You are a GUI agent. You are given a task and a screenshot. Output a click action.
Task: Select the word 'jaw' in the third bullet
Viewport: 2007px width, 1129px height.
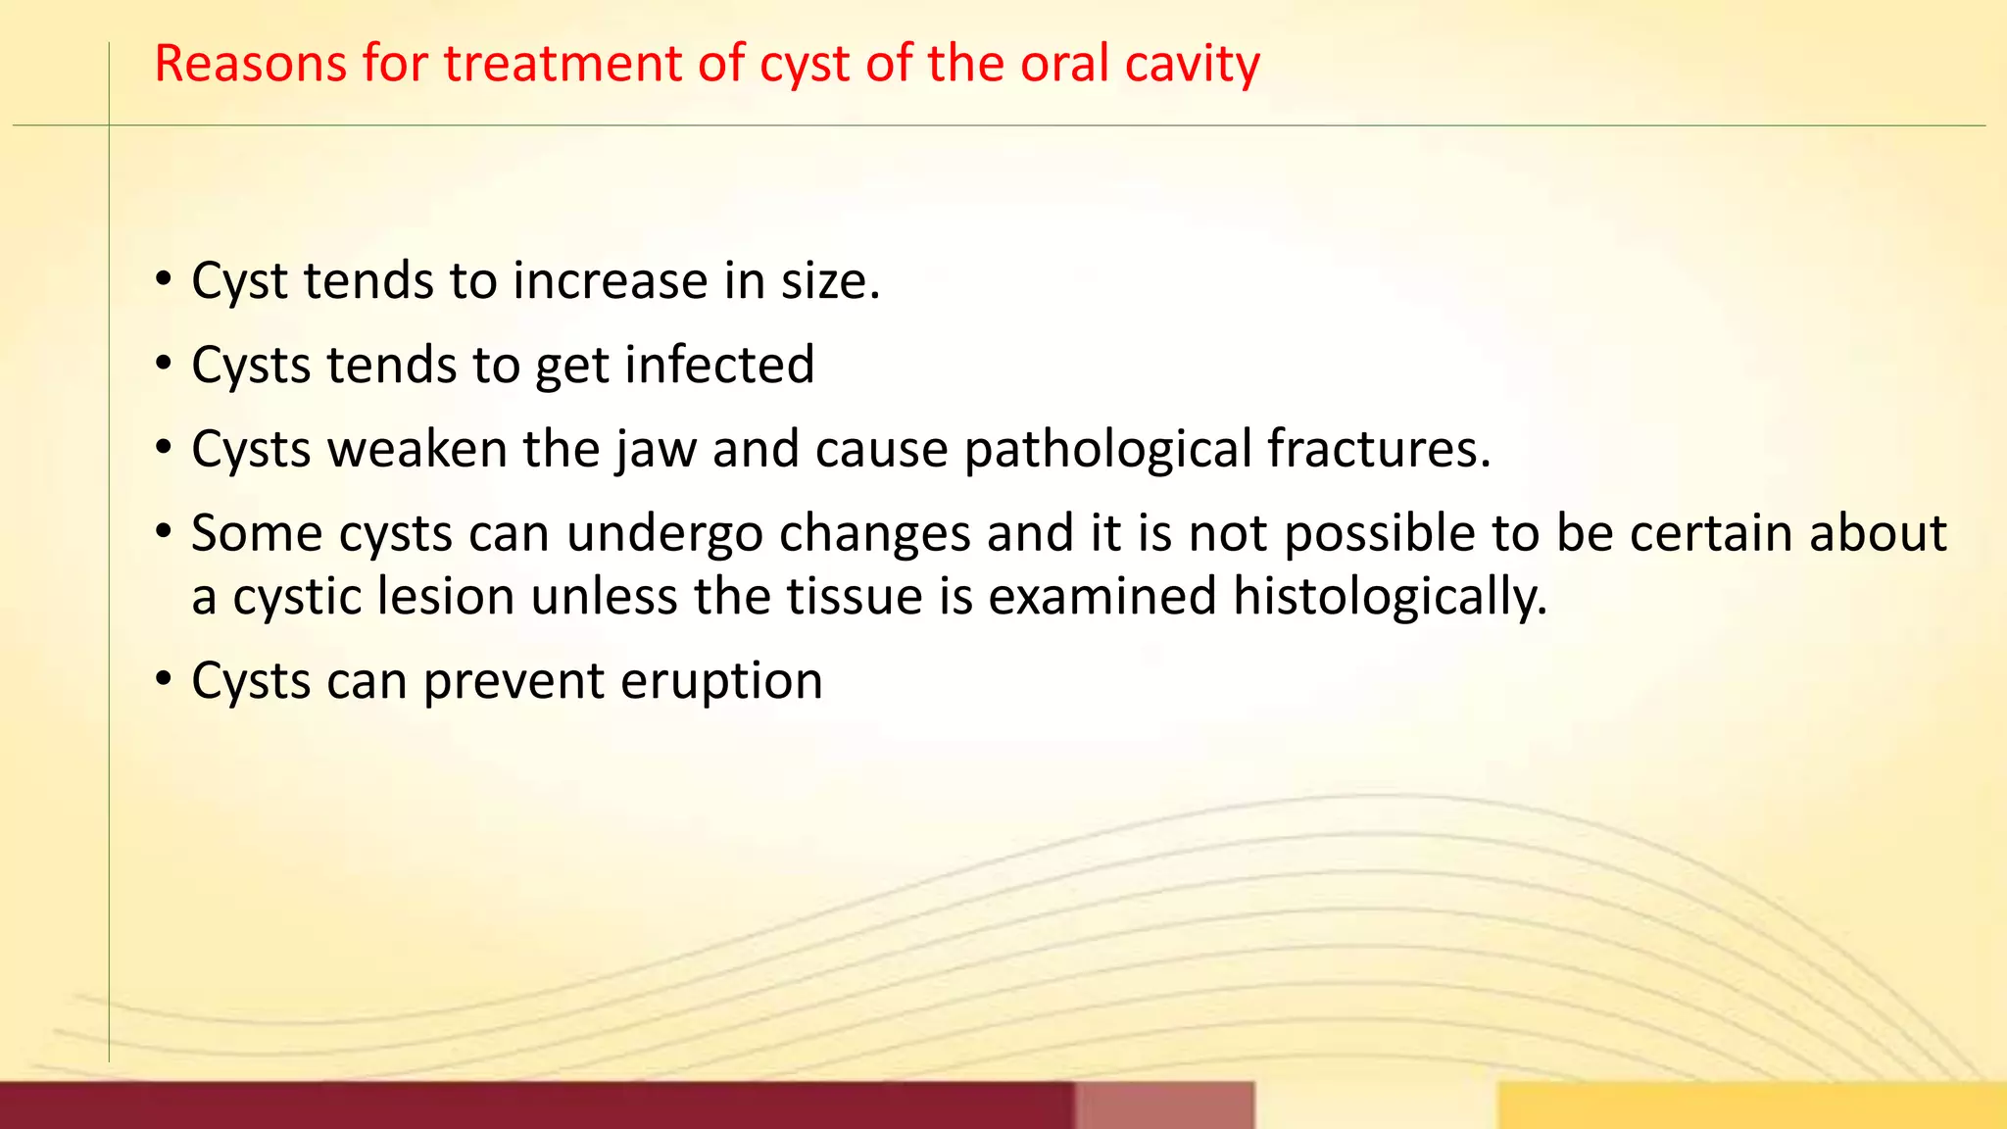click(x=656, y=451)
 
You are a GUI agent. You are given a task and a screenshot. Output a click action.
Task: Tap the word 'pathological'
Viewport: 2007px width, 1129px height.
click(x=1107, y=451)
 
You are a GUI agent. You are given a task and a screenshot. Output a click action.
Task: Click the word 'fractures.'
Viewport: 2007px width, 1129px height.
click(x=1379, y=449)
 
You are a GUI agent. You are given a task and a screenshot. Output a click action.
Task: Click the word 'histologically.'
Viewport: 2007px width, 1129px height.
click(x=1390, y=598)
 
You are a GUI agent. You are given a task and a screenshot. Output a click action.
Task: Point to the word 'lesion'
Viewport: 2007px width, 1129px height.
click(x=446, y=597)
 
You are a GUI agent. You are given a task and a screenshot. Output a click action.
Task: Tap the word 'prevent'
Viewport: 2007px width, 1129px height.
click(x=513, y=682)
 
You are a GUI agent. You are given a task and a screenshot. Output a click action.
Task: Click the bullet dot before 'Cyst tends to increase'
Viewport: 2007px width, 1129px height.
click(x=164, y=280)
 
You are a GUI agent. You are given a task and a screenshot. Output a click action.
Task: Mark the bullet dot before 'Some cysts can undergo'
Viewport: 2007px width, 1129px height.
click(x=164, y=533)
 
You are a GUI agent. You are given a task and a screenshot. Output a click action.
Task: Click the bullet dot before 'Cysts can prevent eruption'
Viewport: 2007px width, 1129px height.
click(x=164, y=680)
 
